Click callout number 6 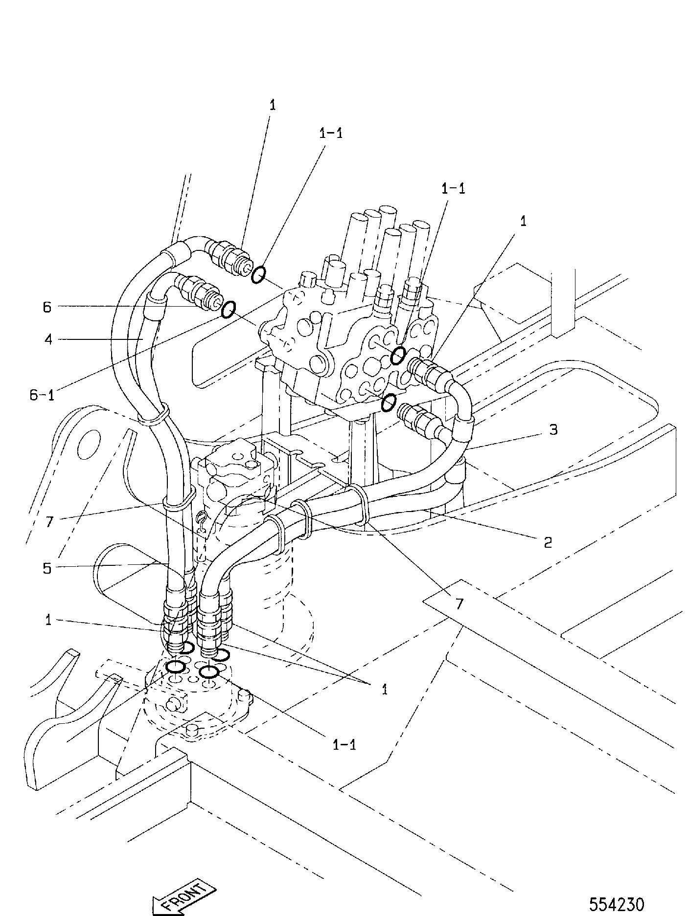(47, 307)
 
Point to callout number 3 (552, 430)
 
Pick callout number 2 (548, 541)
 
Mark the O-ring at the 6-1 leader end (228, 309)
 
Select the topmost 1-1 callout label (331, 133)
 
